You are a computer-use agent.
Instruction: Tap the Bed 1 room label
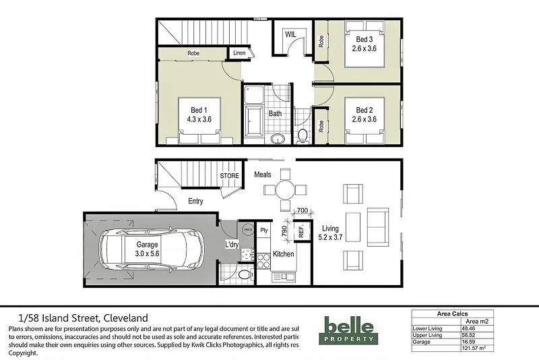tap(199, 111)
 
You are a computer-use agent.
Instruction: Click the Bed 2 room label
tap(364, 111)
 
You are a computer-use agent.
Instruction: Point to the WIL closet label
tap(291, 34)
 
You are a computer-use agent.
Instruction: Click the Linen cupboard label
tap(239, 53)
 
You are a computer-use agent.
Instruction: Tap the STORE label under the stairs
tap(230, 176)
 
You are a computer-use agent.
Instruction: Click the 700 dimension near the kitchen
tap(302, 212)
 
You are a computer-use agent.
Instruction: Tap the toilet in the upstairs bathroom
tap(303, 135)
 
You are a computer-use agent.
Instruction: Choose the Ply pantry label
tap(264, 230)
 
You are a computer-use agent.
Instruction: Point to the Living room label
tap(331, 229)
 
